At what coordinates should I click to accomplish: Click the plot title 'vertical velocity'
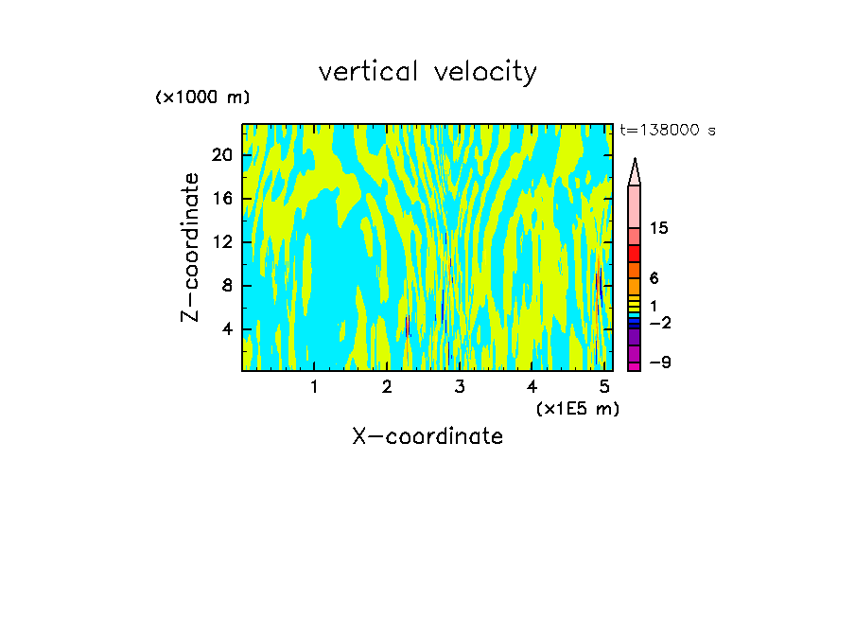[427, 72]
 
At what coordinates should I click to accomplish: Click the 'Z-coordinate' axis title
[191, 247]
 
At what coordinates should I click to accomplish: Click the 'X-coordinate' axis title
[427, 436]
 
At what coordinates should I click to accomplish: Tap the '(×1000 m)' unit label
[202, 97]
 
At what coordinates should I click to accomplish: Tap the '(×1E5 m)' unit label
[577, 409]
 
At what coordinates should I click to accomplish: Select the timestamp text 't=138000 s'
[668, 131]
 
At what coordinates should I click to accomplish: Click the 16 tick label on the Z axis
[221, 199]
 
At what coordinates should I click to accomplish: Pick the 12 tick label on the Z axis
[221, 242]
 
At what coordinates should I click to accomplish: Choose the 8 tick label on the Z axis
[227, 286]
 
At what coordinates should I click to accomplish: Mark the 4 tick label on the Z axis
[227, 329]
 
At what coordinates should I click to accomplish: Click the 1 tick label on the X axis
[314, 387]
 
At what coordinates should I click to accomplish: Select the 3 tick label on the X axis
[459, 387]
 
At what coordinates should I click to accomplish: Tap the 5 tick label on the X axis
[604, 387]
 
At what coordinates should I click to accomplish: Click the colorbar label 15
[660, 229]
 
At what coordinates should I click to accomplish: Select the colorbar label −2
[660, 323]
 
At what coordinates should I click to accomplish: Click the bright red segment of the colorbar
[634, 254]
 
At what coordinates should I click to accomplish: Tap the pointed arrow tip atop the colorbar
[635, 164]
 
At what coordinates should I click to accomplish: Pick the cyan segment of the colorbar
[634, 315]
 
